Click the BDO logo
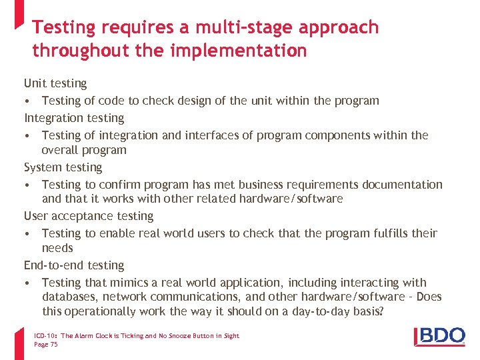[x=440, y=336]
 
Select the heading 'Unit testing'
[x=55, y=83]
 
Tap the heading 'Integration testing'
[x=74, y=118]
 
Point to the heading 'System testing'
[x=63, y=167]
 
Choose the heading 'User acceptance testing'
[x=89, y=216]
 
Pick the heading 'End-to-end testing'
[x=74, y=265]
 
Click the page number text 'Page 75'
[x=45, y=344]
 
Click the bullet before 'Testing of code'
[x=26, y=101]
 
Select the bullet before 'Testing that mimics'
[x=26, y=283]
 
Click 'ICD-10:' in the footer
[x=45, y=336]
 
